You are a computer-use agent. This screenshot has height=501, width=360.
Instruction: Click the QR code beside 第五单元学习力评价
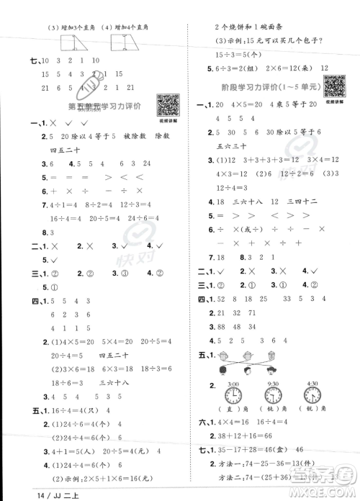point(167,104)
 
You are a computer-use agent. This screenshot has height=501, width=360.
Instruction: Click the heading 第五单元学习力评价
point(103,106)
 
